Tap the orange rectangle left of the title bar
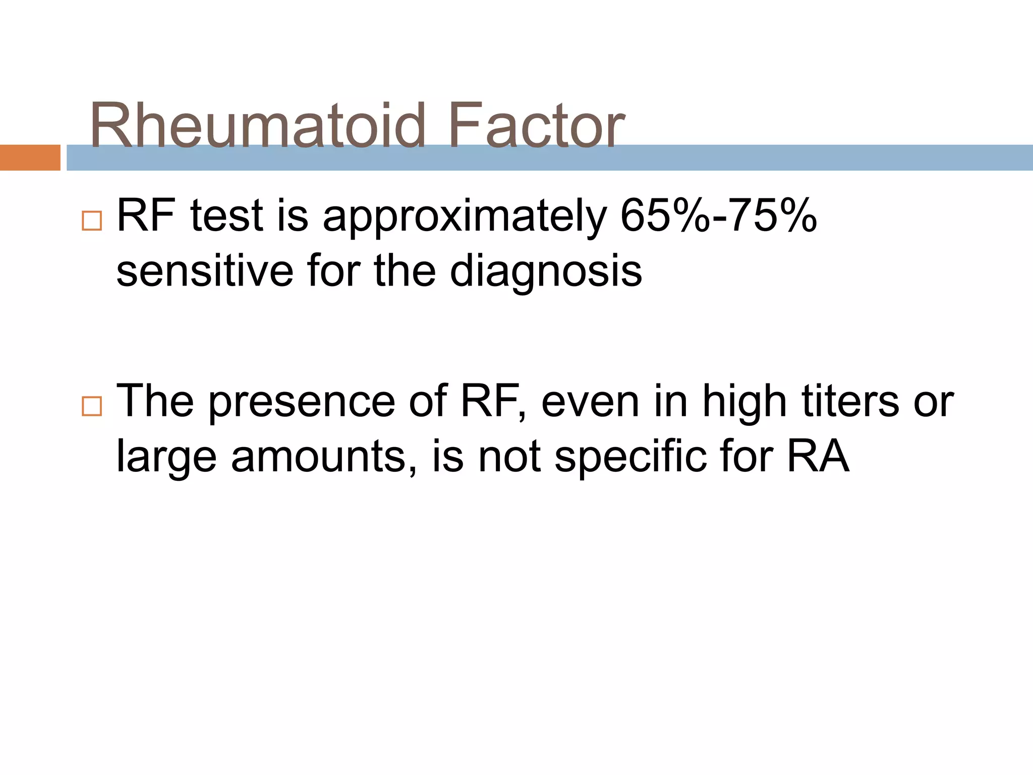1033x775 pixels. [x=30, y=157]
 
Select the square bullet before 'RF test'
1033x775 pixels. [x=92, y=220]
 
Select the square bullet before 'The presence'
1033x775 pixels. [x=92, y=406]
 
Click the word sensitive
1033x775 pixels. [x=205, y=271]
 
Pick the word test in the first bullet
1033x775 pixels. [x=226, y=216]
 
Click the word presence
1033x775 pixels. [x=302, y=402]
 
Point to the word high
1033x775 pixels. [x=744, y=402]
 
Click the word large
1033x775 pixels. [x=166, y=457]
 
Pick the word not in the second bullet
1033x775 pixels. [x=509, y=456]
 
